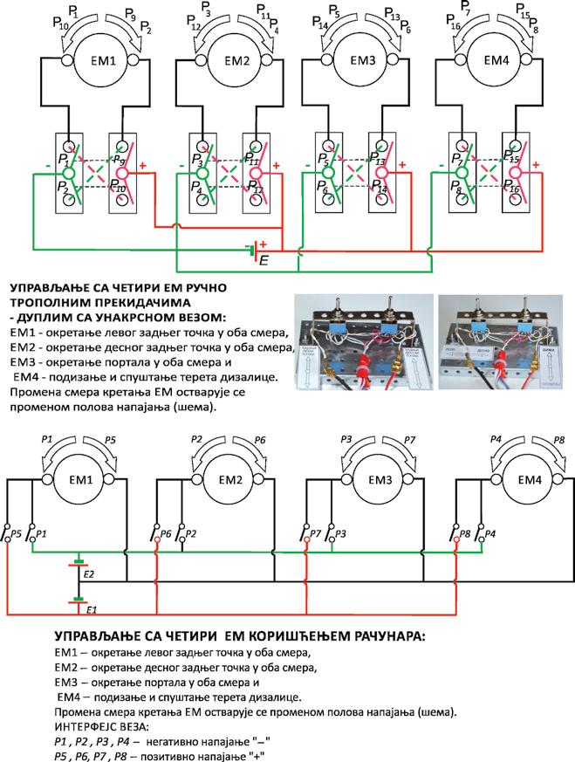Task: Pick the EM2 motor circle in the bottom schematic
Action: tap(230, 479)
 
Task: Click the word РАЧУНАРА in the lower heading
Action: tap(382, 637)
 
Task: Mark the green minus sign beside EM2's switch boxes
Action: tap(180, 165)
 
